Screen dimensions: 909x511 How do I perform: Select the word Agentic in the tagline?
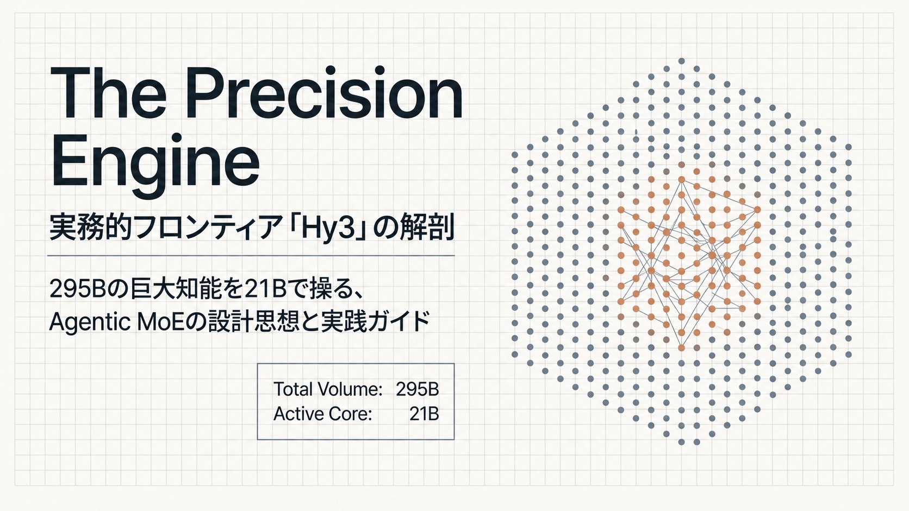[x=90, y=322]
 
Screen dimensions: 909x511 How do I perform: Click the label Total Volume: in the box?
[x=328, y=389]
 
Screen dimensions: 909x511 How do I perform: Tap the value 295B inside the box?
[x=418, y=389]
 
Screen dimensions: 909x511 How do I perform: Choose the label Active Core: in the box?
[x=322, y=414]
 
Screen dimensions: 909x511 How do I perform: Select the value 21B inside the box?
[x=424, y=414]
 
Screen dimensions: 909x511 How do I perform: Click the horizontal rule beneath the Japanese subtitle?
[x=251, y=256]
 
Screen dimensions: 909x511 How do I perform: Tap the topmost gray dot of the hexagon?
[x=681, y=61]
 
